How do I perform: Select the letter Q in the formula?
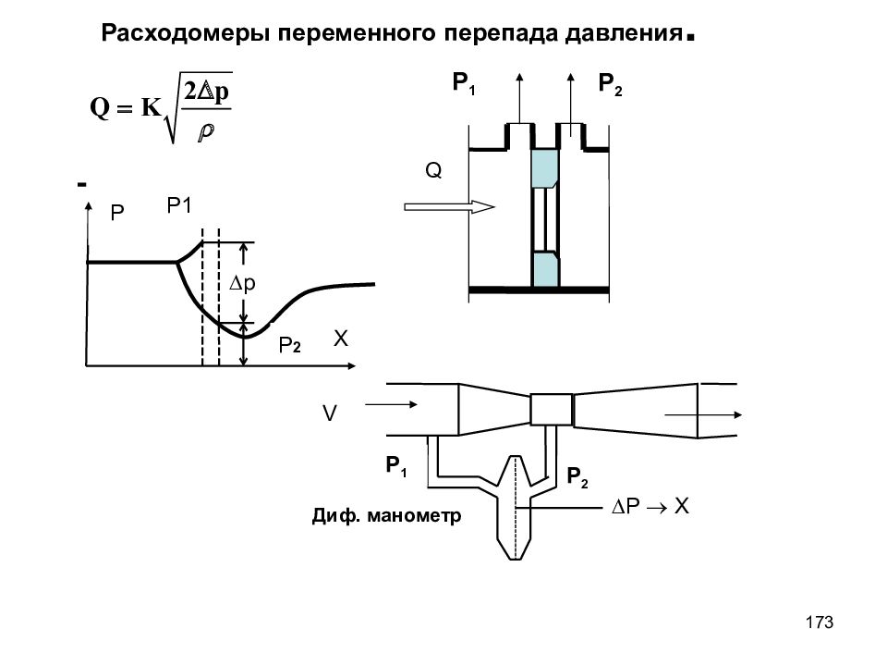[x=100, y=107]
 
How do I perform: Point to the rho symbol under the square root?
[x=206, y=131]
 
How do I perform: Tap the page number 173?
[x=820, y=623]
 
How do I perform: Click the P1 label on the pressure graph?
[x=179, y=205]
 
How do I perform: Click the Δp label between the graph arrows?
[x=242, y=283]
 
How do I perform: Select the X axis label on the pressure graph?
[x=341, y=339]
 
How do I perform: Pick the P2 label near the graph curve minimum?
[x=289, y=345]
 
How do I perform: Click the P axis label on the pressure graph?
[x=117, y=213]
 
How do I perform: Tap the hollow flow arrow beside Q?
[x=450, y=206]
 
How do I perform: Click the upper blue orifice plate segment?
[x=545, y=168]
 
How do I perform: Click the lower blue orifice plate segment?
[x=545, y=270]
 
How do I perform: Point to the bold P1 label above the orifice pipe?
[x=464, y=84]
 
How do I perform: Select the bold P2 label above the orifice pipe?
[x=611, y=85]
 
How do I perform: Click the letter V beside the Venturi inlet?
[x=329, y=413]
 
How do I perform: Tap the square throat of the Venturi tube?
[x=551, y=410]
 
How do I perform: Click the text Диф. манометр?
[x=386, y=516]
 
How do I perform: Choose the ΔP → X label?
[x=650, y=506]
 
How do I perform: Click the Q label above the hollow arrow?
[x=433, y=170]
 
